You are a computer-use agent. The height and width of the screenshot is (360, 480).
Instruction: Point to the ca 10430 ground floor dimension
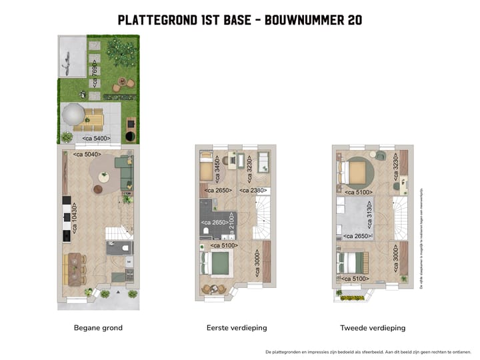(x=74, y=215)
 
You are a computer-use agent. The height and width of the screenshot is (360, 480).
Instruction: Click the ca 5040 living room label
(x=87, y=155)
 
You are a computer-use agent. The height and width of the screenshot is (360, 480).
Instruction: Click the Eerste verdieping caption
(x=236, y=328)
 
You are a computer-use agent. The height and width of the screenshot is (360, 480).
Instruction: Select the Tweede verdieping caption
(x=372, y=328)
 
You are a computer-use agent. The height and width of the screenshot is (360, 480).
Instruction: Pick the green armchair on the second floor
(x=380, y=155)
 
